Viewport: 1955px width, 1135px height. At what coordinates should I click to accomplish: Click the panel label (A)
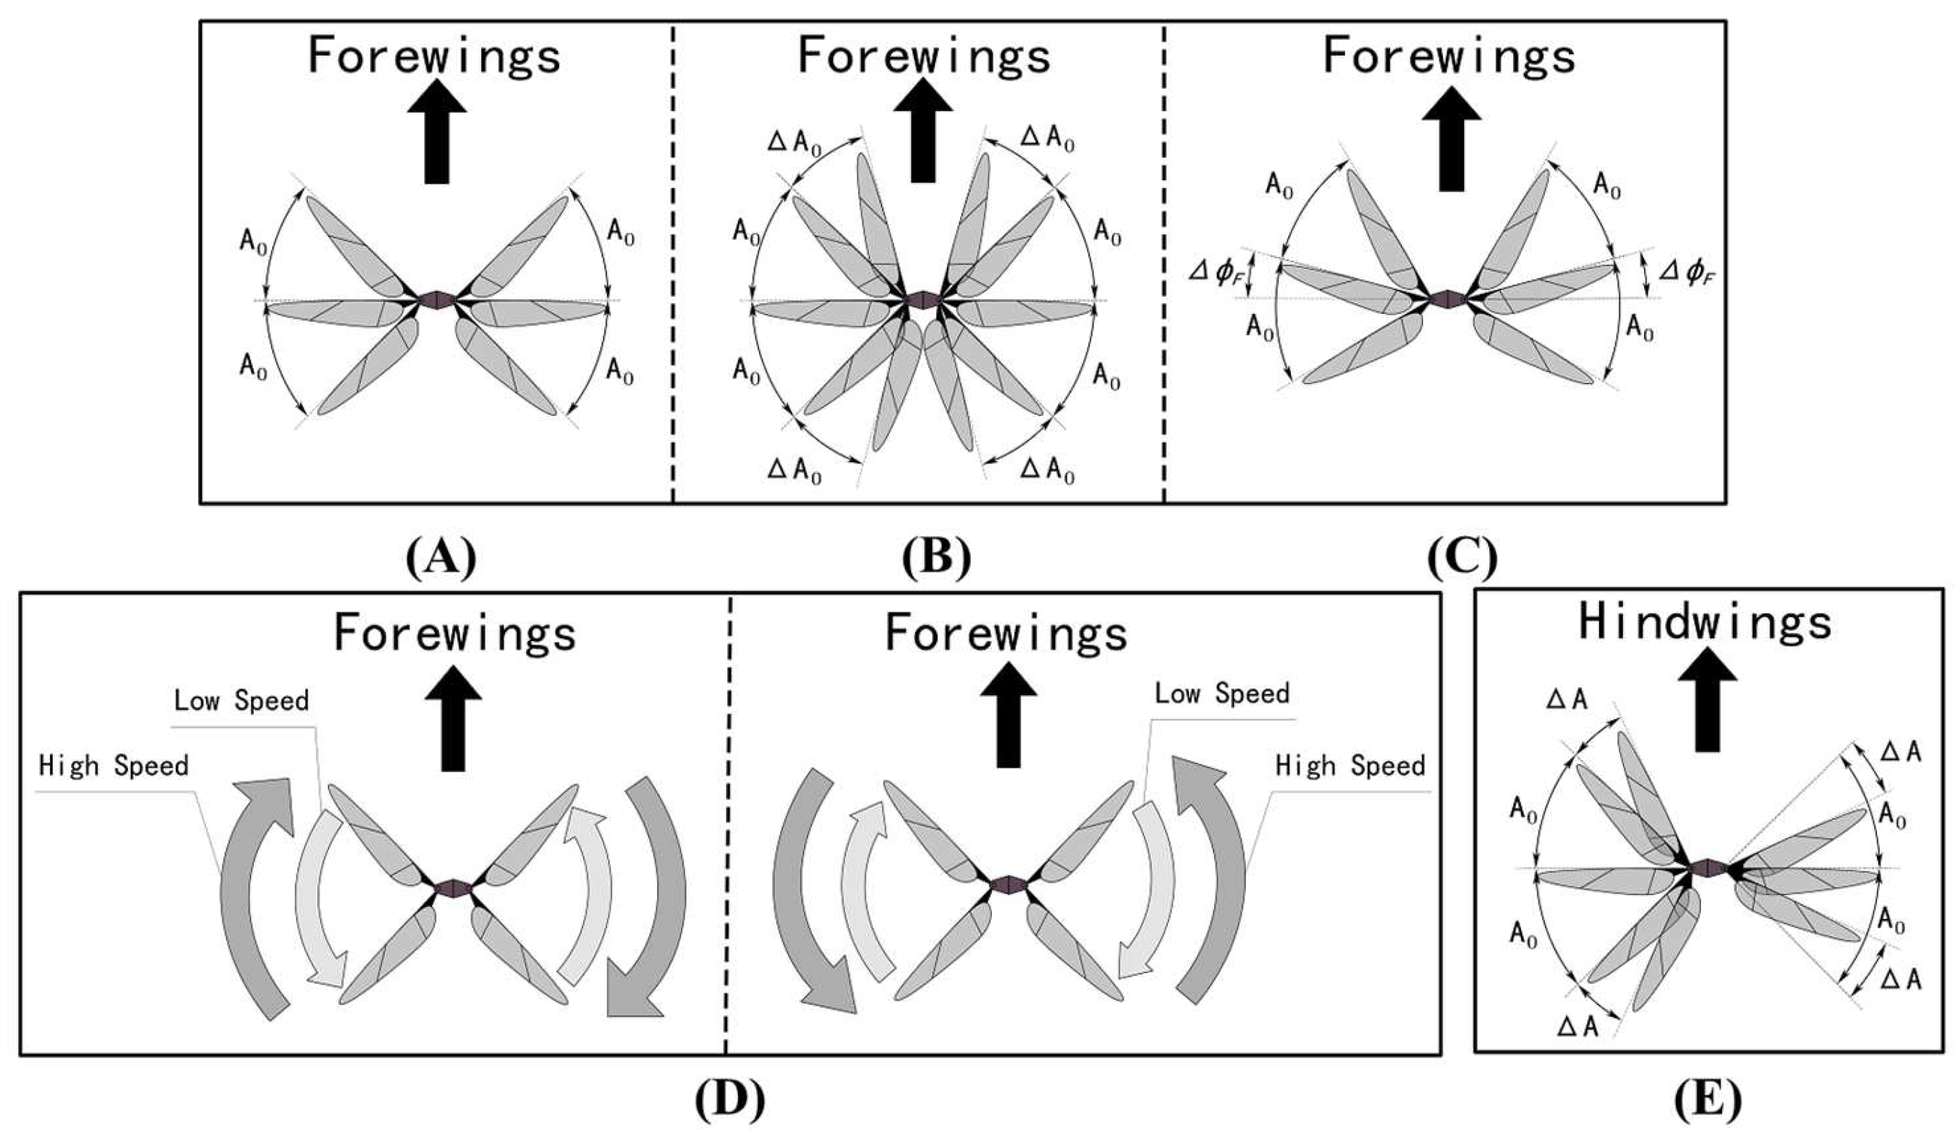coord(440,557)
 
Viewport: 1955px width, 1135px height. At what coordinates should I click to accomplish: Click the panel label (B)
coord(936,557)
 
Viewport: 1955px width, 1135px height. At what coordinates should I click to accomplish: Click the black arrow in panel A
coord(437,137)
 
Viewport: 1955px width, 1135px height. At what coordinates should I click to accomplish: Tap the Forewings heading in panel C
coord(1448,56)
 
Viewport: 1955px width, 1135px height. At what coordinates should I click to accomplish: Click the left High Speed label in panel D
coord(113,766)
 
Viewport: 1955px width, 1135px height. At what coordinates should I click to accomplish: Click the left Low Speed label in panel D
coord(241,701)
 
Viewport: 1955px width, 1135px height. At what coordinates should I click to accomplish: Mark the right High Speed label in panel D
coord(1350,766)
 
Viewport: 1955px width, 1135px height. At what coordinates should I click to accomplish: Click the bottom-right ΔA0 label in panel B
coord(1047,471)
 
